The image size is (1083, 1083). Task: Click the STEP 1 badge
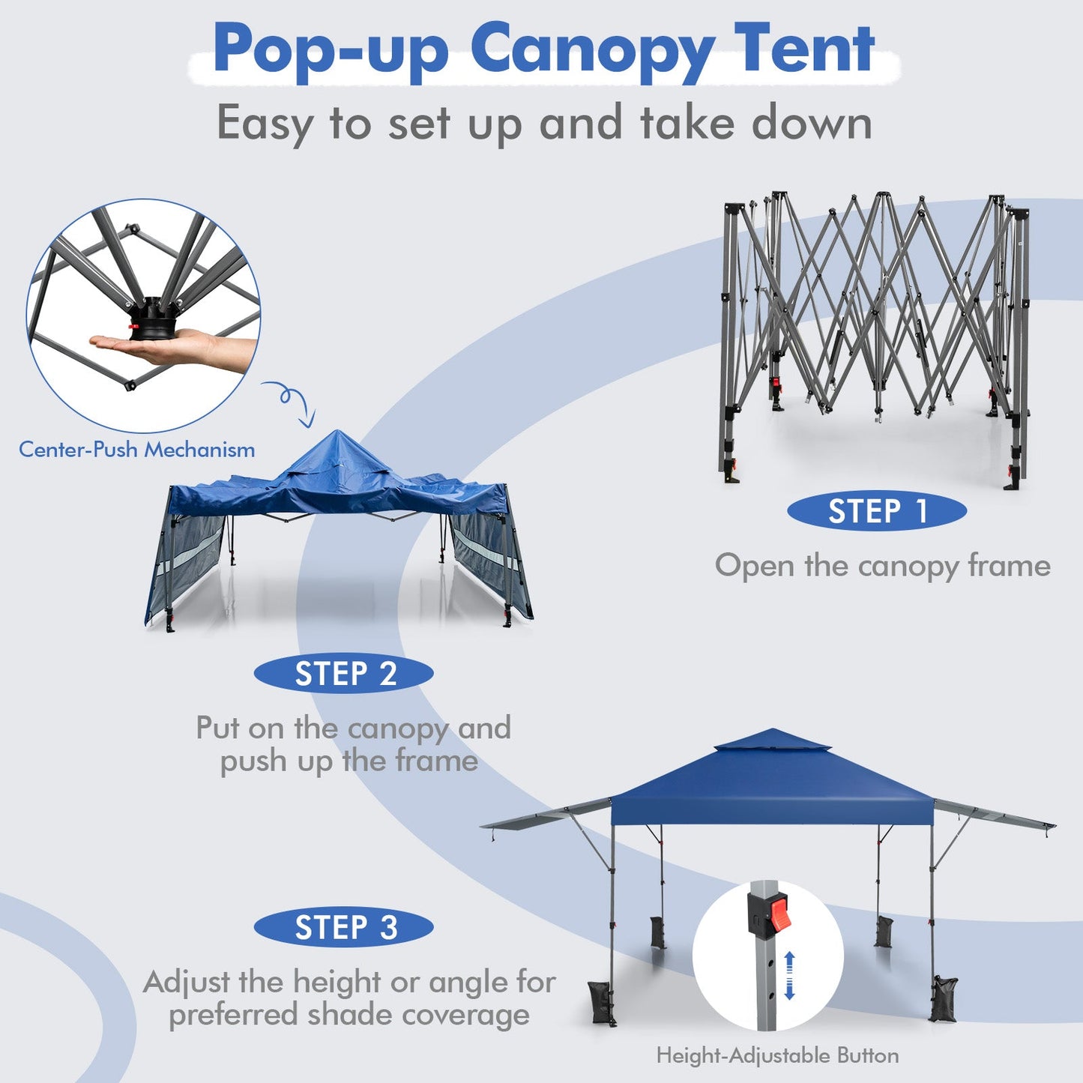coord(877,511)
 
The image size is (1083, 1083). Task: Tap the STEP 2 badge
coord(344,674)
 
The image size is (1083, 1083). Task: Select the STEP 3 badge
coord(344,928)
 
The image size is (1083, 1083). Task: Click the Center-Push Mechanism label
coord(136,450)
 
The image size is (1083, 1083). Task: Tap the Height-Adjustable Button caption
coord(777,1055)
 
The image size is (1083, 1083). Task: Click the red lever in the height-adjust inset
coord(779,915)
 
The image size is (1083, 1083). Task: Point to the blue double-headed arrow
coord(789,975)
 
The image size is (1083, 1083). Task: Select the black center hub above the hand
coord(153,319)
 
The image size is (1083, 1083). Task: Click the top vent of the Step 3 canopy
coord(773,741)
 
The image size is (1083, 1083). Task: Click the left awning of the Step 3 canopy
coord(547,815)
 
